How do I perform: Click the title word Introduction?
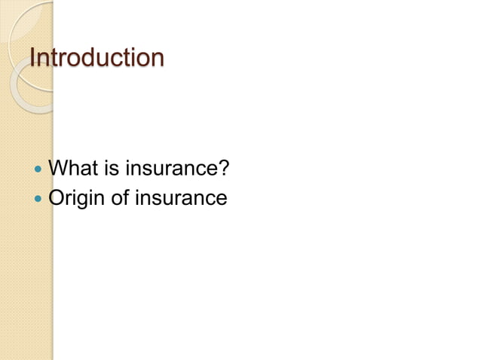[96, 57]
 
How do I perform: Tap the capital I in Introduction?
[31, 57]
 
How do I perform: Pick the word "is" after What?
[112, 168]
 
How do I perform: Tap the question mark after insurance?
[223, 168]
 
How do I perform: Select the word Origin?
[78, 199]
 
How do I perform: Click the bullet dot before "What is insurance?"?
[39, 169]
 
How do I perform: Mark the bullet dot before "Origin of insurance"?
[39, 200]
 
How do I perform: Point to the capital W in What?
[58, 168]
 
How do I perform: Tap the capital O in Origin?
[57, 199]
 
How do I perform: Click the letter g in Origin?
[85, 201]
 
